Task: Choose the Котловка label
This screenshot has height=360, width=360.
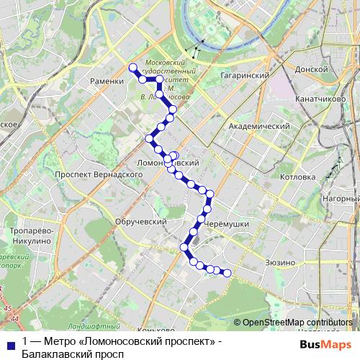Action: (x=298, y=176)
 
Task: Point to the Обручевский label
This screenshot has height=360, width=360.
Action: (x=140, y=222)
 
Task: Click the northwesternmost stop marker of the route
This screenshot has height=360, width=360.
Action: (x=132, y=68)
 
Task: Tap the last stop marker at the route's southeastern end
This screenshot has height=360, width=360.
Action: (x=227, y=273)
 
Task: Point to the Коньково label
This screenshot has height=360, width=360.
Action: (x=156, y=330)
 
